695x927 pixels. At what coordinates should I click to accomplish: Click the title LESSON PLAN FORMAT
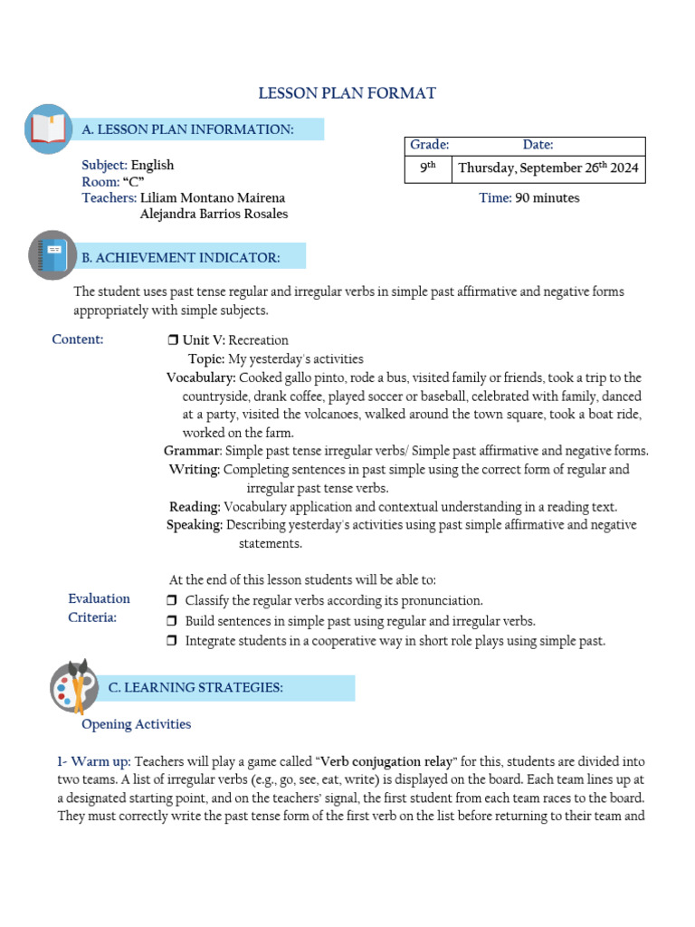point(347,93)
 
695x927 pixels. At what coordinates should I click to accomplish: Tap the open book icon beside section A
point(49,129)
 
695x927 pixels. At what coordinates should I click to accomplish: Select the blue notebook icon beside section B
point(53,255)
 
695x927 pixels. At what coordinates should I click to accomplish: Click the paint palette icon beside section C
point(73,686)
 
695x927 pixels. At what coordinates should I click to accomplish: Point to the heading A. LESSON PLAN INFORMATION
point(187,129)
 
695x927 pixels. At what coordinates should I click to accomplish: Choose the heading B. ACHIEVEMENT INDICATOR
point(181,258)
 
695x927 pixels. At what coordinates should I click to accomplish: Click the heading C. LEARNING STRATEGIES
point(195,688)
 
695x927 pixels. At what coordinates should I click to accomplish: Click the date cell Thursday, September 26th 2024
point(547,168)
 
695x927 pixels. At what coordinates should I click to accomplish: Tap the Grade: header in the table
point(430,145)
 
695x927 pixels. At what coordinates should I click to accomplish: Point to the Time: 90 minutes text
point(529,198)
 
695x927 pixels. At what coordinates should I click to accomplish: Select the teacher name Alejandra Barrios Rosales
point(214,215)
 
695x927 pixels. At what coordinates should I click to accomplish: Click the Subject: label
point(104,165)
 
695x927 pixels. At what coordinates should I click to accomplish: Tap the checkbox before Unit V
point(173,340)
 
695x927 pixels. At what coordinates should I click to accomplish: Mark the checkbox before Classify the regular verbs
point(173,601)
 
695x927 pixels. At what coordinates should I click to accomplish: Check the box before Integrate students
point(173,641)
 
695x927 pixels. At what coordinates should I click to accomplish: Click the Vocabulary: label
point(201,377)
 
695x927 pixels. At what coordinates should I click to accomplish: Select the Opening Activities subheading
point(137,724)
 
